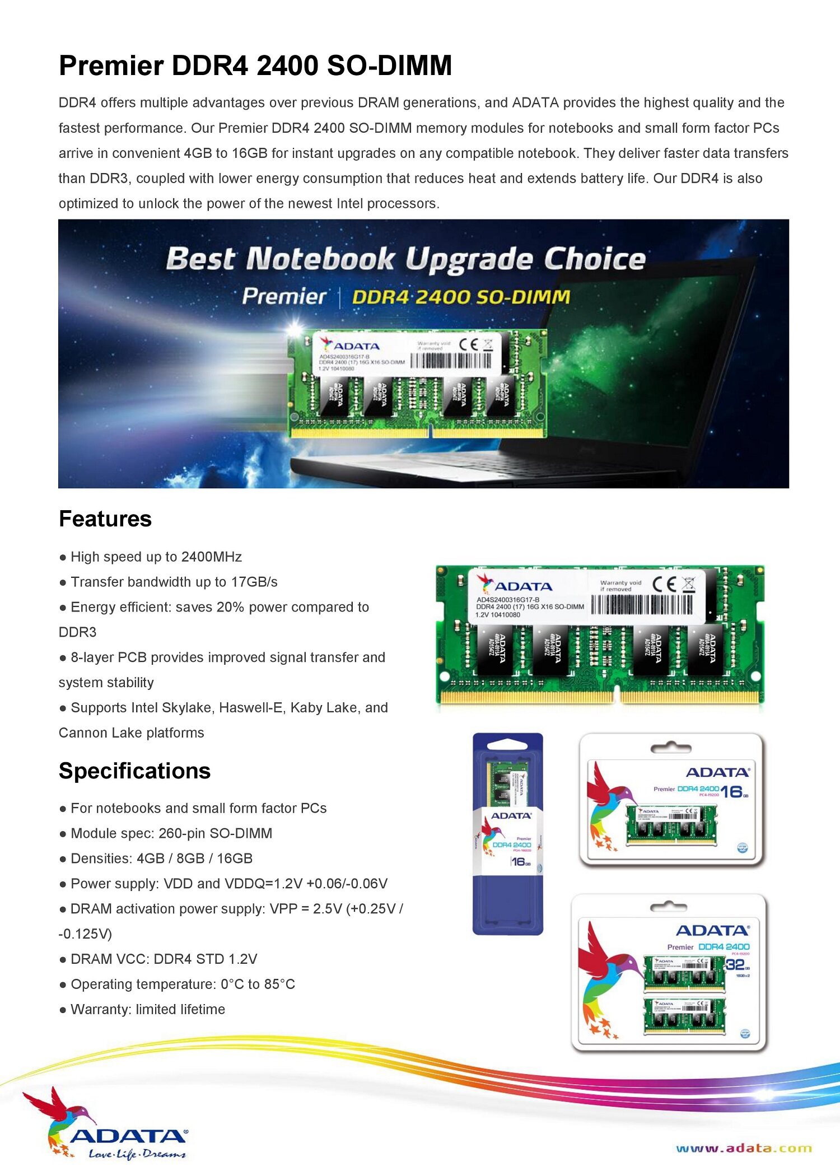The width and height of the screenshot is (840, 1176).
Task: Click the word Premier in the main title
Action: (x=111, y=66)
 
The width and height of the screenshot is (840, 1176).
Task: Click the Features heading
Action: (x=105, y=519)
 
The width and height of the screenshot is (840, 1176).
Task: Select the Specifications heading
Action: (x=134, y=771)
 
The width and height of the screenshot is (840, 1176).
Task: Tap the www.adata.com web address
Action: (x=744, y=1149)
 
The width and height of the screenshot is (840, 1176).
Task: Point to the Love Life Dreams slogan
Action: (x=137, y=1154)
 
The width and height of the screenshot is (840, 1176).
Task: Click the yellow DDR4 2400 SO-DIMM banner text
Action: (x=460, y=297)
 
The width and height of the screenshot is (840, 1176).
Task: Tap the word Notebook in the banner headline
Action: (x=320, y=259)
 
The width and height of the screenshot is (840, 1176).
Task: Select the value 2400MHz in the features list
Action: (x=212, y=557)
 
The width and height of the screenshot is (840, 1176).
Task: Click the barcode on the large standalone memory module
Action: (x=642, y=604)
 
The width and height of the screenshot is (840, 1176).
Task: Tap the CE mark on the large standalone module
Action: (x=664, y=584)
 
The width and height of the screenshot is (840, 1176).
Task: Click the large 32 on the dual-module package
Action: (x=735, y=964)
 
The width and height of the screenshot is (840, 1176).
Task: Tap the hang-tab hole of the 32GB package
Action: (x=668, y=907)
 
